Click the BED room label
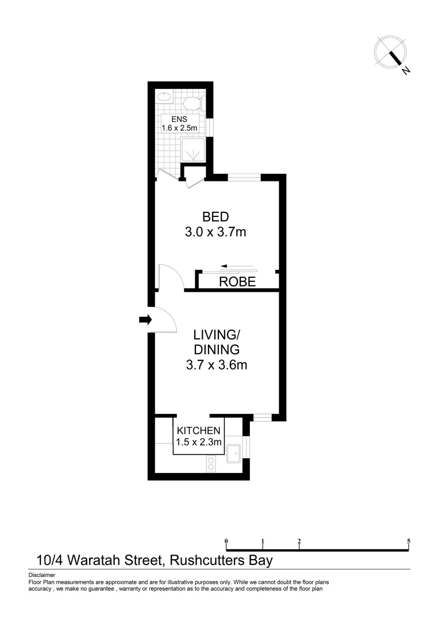(x=215, y=217)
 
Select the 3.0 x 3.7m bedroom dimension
(x=215, y=232)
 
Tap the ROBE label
(x=238, y=282)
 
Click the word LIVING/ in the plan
(x=216, y=335)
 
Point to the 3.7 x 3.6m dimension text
(x=216, y=365)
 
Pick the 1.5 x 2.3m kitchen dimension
(x=198, y=442)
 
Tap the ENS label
(x=179, y=119)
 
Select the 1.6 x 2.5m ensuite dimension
(x=179, y=128)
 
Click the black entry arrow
(x=144, y=319)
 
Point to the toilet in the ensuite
(x=192, y=103)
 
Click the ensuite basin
(x=164, y=96)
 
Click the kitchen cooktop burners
(x=211, y=463)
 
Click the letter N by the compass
(x=406, y=71)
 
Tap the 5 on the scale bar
(x=409, y=541)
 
